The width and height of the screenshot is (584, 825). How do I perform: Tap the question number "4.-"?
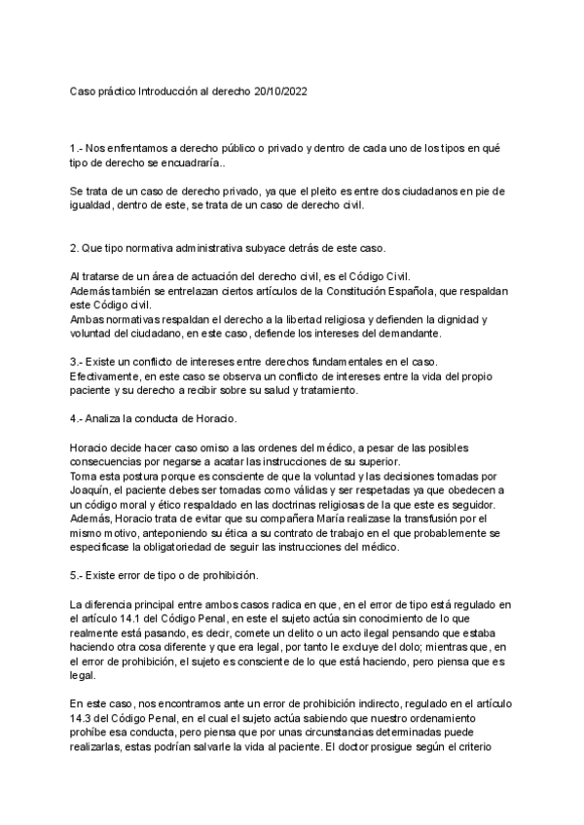[78, 417]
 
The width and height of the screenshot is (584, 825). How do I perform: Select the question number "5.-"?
[78, 574]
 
